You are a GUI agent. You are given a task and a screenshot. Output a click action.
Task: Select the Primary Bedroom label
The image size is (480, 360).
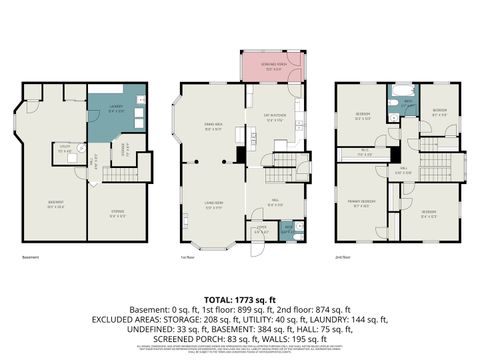pyautogui.click(x=362, y=206)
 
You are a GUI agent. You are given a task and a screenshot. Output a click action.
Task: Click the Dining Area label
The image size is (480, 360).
pyautogui.click(x=213, y=128)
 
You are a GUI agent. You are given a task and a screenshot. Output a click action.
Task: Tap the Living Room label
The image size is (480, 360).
pyautogui.click(x=213, y=205)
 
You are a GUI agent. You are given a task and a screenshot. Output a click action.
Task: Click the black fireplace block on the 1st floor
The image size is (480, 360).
pyautogui.click(x=240, y=156)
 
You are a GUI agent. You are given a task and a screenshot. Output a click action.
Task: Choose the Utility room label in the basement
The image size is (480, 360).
pyautogui.click(x=64, y=150)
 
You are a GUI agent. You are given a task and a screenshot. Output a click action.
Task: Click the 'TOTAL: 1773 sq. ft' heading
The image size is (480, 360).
pyautogui.click(x=240, y=299)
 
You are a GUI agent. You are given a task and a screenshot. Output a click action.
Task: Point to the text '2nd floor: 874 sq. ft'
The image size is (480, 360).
pyautogui.click(x=321, y=309)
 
